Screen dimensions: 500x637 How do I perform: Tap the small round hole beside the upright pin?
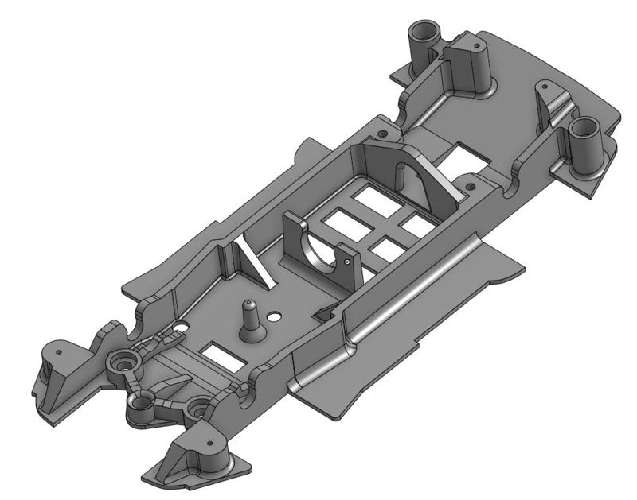[x=274, y=316]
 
